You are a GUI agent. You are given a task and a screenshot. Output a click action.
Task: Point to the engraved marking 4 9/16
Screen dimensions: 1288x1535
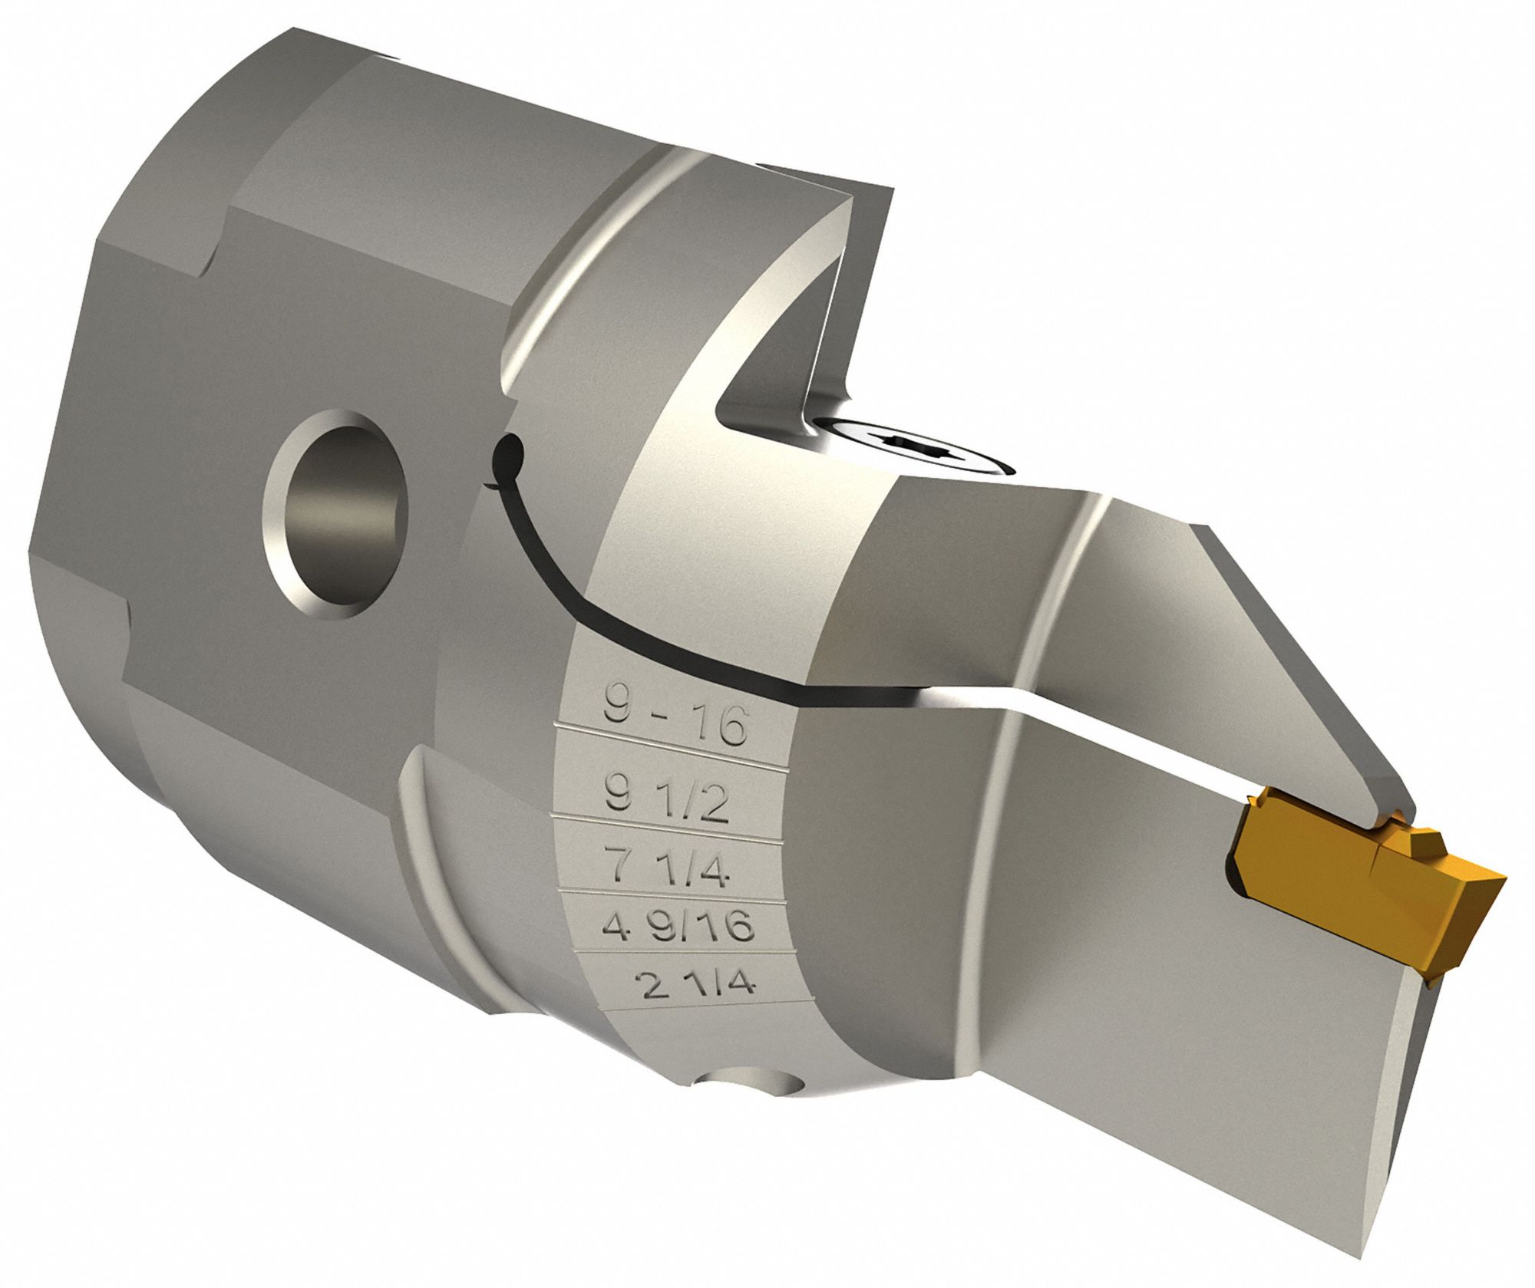pos(678,929)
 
